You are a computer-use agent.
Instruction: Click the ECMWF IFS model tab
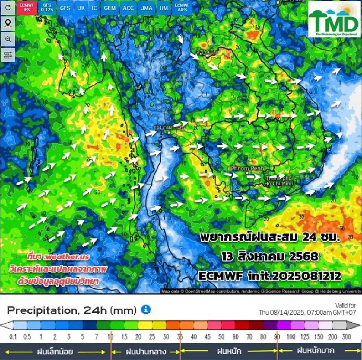pyautogui.click(x=27, y=7)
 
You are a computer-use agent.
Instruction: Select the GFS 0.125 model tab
pyautogui.click(x=47, y=7)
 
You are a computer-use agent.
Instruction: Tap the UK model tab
pyautogui.click(x=81, y=8)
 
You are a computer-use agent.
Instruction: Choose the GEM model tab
pyautogui.click(x=110, y=8)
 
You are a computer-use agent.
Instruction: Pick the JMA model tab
pyautogui.click(x=147, y=8)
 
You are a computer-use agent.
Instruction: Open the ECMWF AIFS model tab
pyautogui.click(x=182, y=7)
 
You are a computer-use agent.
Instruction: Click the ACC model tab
pyautogui.click(x=128, y=8)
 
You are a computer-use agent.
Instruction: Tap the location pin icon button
pyautogui.click(x=8, y=23)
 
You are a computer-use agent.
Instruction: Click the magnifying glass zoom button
pyautogui.click(x=8, y=39)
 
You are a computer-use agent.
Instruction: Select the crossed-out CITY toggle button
pyautogui.click(x=8, y=55)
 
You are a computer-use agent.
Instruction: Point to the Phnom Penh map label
pyautogui.click(x=247, y=168)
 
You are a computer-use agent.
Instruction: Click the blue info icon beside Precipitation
pyautogui.click(x=146, y=310)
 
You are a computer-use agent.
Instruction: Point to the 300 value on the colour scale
pyautogui.click(x=346, y=336)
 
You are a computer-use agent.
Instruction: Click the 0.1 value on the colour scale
pyautogui.click(x=13, y=336)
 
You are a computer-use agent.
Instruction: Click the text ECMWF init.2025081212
pyautogui.click(x=270, y=276)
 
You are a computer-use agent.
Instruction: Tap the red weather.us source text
pyautogui.click(x=58, y=257)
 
